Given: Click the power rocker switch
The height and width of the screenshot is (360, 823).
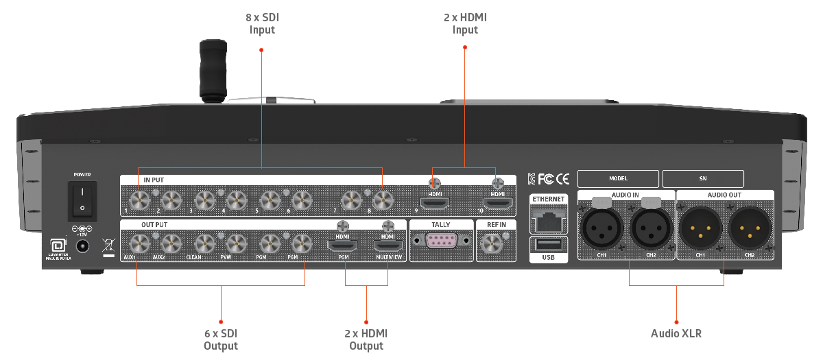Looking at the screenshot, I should point(82,198).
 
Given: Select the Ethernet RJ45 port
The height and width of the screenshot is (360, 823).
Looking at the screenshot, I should point(548,218).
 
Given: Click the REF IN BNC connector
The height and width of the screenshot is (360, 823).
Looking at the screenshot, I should point(491,243).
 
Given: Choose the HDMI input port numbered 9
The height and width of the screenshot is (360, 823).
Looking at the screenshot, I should point(435,204).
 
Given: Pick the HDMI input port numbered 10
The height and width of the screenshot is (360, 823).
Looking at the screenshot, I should point(497,204).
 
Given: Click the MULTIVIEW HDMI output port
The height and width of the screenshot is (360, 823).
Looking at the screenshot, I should point(387,244).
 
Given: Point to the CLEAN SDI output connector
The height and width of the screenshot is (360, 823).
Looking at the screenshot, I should point(204,243).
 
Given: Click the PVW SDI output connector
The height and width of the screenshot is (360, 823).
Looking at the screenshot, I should point(235,243).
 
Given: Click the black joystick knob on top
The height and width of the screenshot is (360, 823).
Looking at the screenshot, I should point(212,69).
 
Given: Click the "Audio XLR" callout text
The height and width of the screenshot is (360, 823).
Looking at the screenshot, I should point(676,334).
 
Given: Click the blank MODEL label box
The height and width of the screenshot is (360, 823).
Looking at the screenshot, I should point(617,178).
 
